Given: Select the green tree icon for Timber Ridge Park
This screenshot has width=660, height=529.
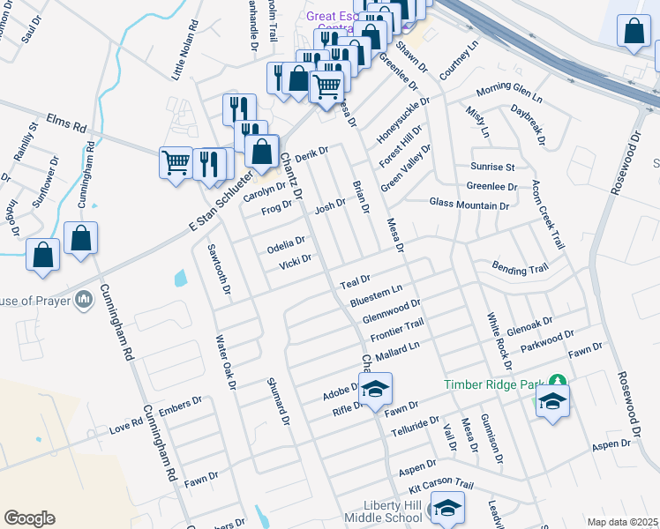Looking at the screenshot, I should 557,381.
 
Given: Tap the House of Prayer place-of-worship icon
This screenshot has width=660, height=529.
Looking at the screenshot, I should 84,300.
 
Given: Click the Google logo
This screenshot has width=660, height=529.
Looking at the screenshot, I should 29,518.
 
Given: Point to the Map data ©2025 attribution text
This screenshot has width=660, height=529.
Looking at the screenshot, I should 621,522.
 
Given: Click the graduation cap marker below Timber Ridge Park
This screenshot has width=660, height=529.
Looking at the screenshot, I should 552,401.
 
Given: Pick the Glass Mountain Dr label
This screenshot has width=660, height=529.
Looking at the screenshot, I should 469,205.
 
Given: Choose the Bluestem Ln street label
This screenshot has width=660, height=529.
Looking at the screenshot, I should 376,295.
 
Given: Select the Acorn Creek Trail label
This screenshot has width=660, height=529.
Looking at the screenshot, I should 546,214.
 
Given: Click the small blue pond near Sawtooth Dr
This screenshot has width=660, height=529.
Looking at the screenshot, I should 181,279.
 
